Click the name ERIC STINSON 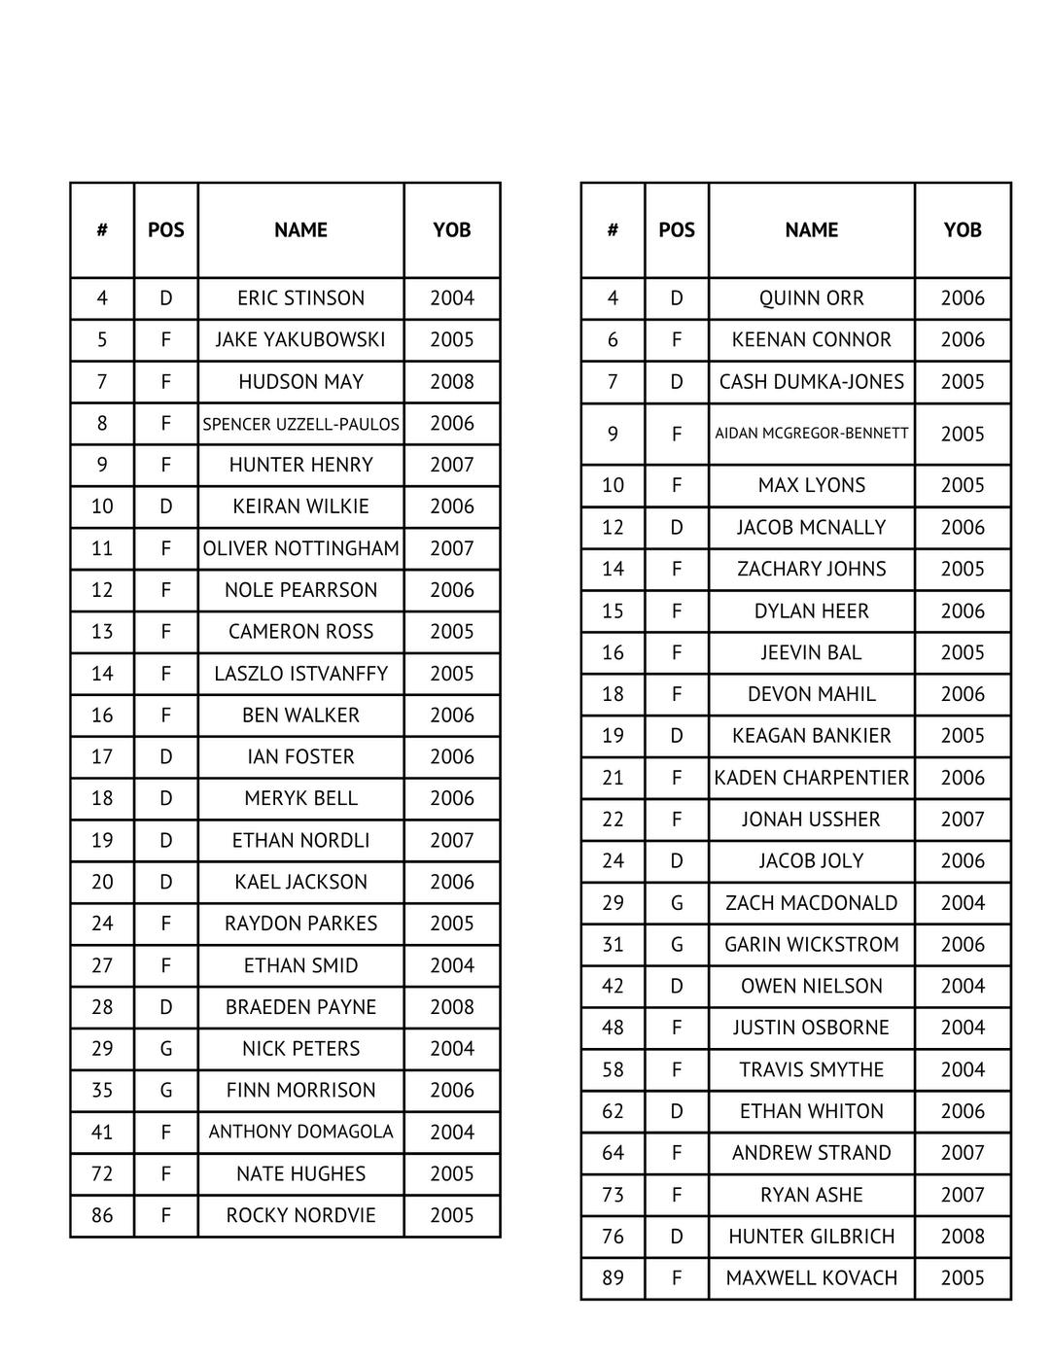(x=300, y=298)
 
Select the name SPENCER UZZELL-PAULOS (x=300, y=424)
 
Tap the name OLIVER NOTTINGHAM (x=300, y=548)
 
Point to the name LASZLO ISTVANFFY (x=300, y=674)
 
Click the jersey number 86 (x=102, y=1215)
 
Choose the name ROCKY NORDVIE (x=300, y=1215)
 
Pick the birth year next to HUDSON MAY (x=452, y=382)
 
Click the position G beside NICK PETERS (x=165, y=1049)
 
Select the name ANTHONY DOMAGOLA (x=300, y=1132)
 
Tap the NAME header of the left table (x=300, y=230)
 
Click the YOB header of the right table (x=963, y=230)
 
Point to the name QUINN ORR (x=811, y=298)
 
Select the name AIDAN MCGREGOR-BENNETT (x=811, y=434)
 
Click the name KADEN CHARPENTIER (x=811, y=778)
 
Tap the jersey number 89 (x=613, y=1278)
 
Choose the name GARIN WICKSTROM (x=811, y=945)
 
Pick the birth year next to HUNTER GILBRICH (x=963, y=1237)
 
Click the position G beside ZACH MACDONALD (x=677, y=903)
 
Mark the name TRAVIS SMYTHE (x=811, y=1069)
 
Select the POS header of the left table (x=165, y=230)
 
